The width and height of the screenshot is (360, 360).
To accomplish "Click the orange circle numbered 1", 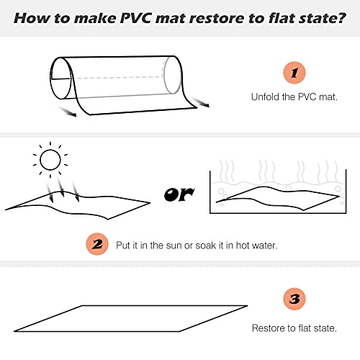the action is (294, 73).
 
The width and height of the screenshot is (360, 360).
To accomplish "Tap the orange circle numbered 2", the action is (97, 244).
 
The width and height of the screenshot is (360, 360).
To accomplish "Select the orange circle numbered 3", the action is (294, 299).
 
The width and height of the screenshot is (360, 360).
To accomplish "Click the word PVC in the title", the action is (135, 18).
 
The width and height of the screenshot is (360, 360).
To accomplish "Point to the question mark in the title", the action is (341, 18).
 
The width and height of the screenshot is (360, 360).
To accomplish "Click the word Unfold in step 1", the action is (265, 97).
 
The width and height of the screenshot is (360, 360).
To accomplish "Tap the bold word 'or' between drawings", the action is (179, 194).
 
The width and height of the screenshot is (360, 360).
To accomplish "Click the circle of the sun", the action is (50, 160).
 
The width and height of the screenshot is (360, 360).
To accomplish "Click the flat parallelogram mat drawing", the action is (131, 318).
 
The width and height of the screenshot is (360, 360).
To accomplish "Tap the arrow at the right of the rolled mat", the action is (200, 102).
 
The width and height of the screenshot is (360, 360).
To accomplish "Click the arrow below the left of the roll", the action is (67, 112).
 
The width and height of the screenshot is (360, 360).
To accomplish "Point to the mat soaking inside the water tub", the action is (279, 199).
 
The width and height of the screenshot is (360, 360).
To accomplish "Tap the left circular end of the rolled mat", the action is (60, 78).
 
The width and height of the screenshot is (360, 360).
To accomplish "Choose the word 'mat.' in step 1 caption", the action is (328, 97).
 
